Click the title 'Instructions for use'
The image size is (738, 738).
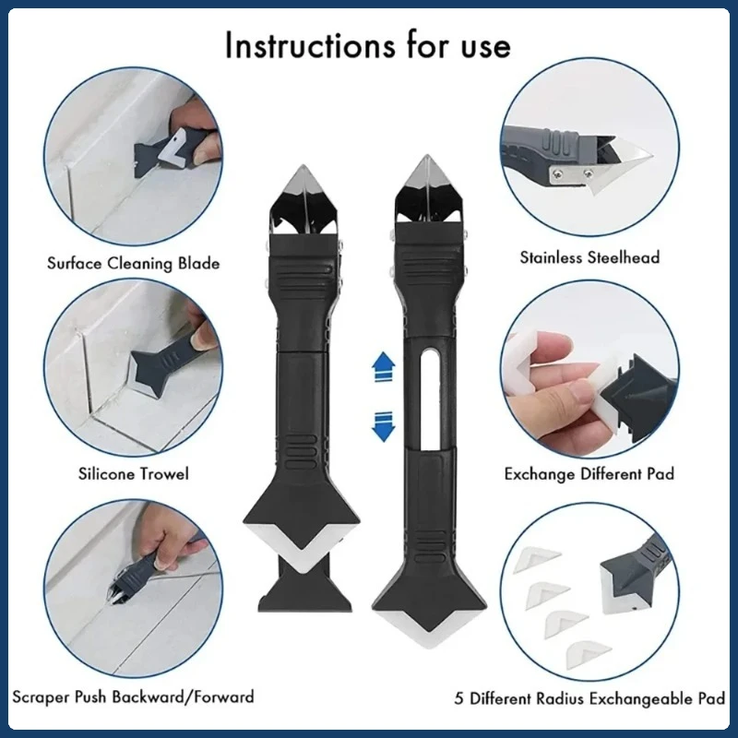pos(367,44)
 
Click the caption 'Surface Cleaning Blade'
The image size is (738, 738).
pos(134,264)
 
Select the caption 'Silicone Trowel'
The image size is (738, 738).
pos(134,474)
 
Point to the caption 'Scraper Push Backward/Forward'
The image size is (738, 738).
pos(134,696)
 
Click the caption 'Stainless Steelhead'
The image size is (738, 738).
pos(590,257)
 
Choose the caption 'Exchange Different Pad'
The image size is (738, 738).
pos(589,474)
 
